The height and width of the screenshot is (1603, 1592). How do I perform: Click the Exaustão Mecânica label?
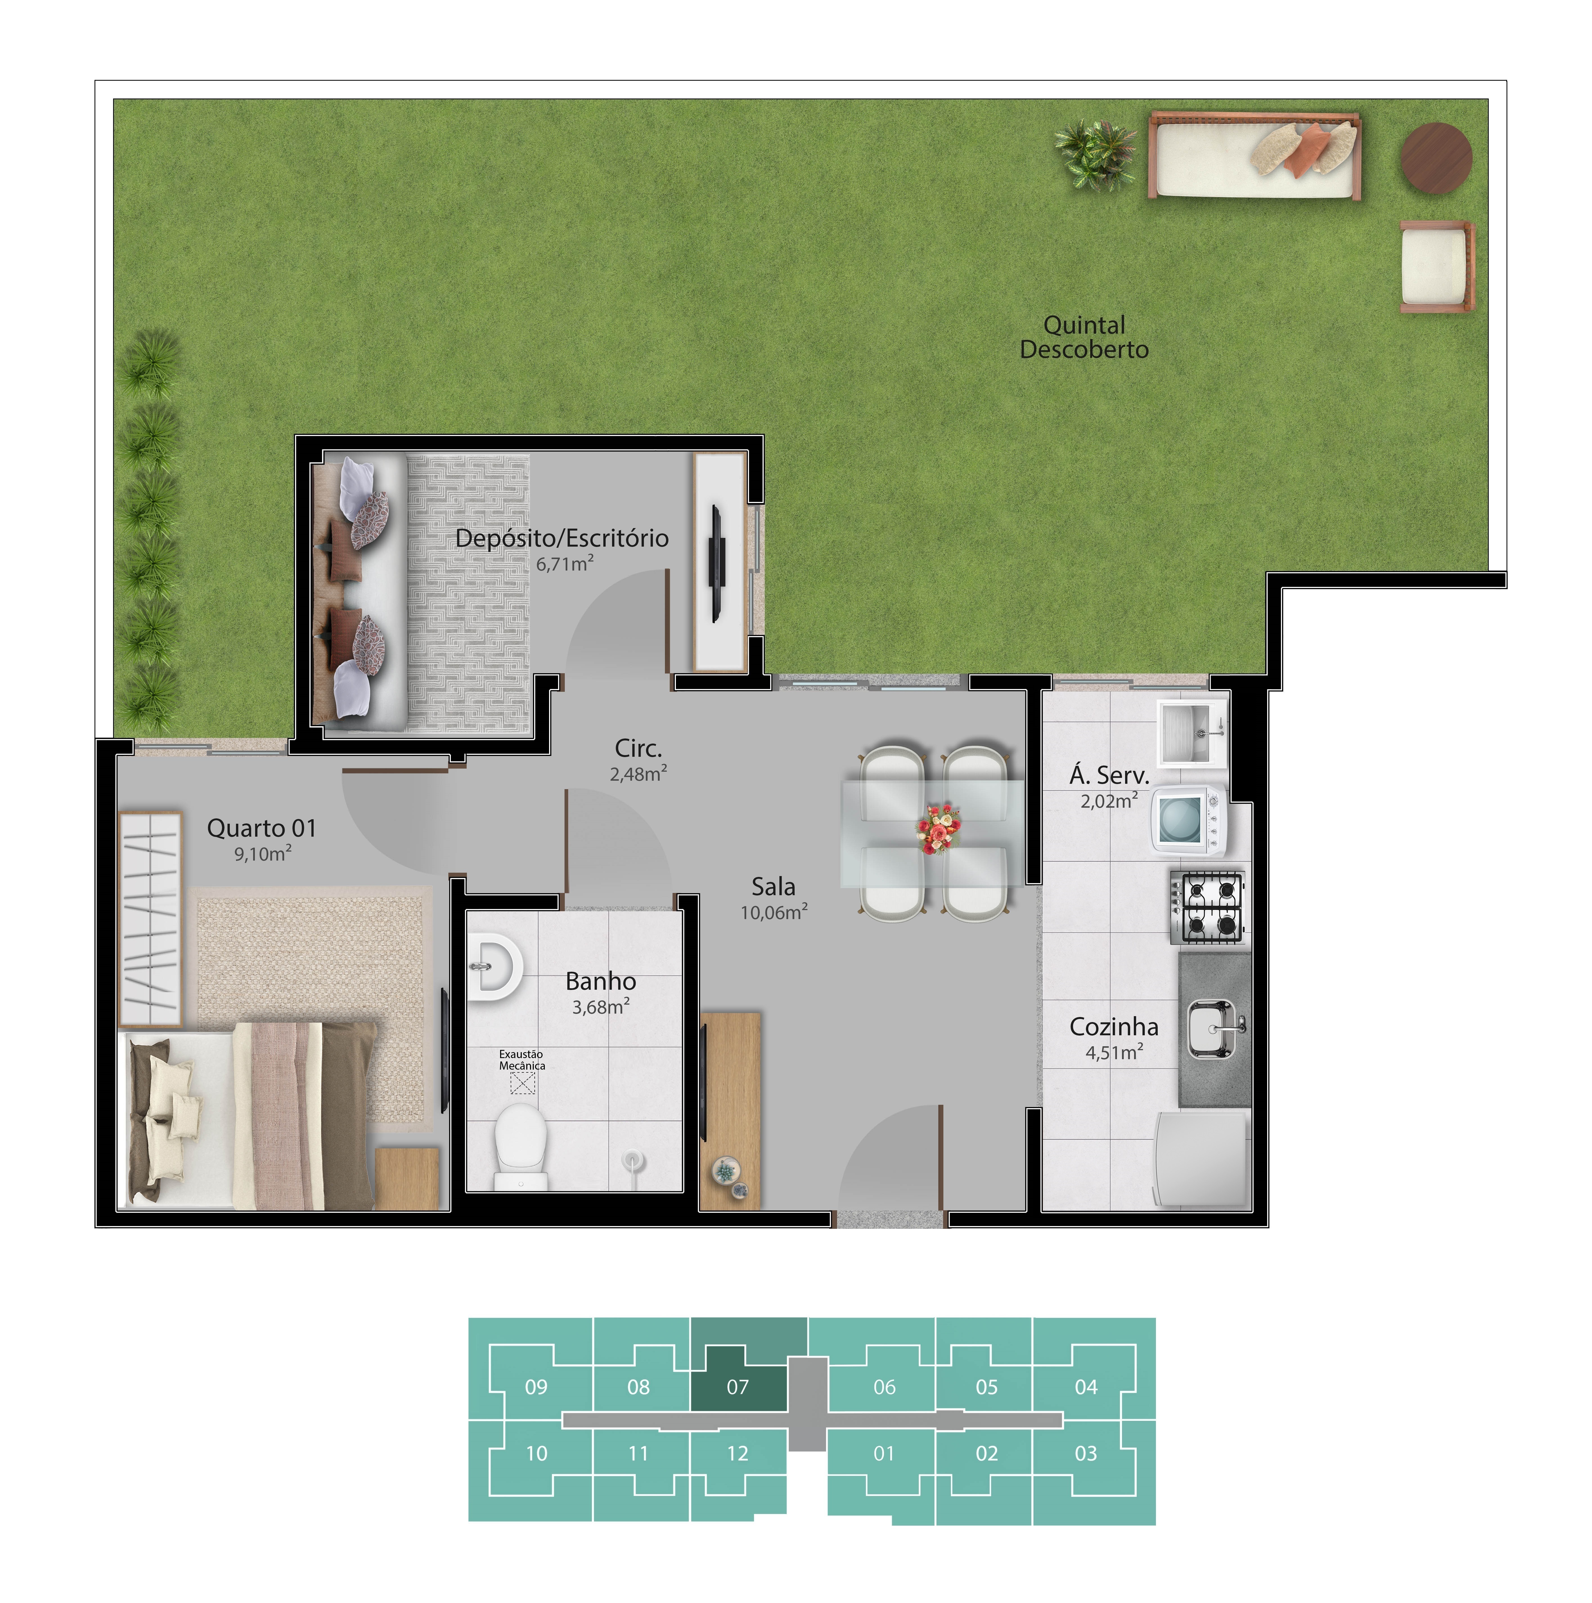(x=522, y=1059)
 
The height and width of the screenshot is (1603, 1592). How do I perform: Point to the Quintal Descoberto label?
(x=1084, y=337)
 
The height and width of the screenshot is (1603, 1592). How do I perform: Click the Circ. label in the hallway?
(x=638, y=748)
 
